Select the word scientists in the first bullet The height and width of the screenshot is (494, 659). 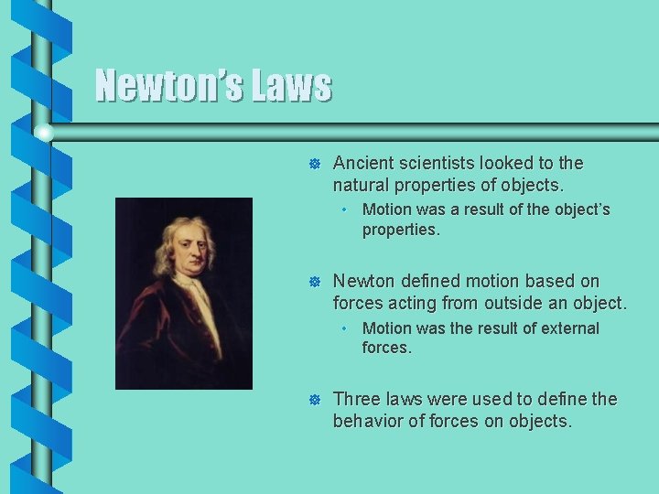click(x=437, y=163)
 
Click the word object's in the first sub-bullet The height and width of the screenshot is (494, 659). click(x=578, y=209)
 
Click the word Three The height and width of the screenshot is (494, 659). click(x=356, y=400)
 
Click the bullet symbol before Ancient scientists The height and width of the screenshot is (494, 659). click(x=313, y=164)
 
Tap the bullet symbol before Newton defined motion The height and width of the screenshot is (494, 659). click(x=313, y=282)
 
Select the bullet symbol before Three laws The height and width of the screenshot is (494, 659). click(x=313, y=401)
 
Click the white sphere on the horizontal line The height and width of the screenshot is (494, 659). click(x=43, y=133)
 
